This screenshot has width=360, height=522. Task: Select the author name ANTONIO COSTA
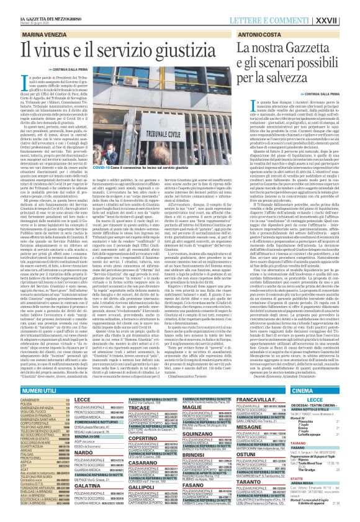click(264, 28)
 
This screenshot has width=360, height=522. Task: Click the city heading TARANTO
click(263, 482)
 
